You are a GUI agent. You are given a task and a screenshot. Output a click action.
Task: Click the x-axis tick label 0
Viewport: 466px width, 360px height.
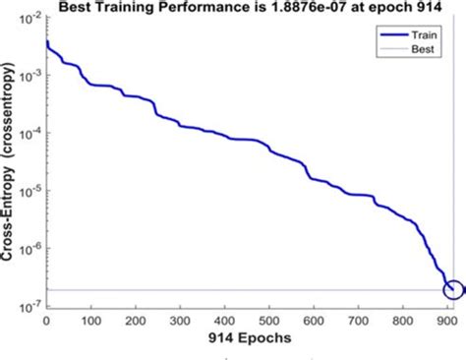pos(46,322)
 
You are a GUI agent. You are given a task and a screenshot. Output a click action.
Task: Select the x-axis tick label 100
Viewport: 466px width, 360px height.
pos(91,322)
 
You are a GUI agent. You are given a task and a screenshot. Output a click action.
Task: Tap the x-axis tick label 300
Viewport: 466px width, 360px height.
pos(182,322)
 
